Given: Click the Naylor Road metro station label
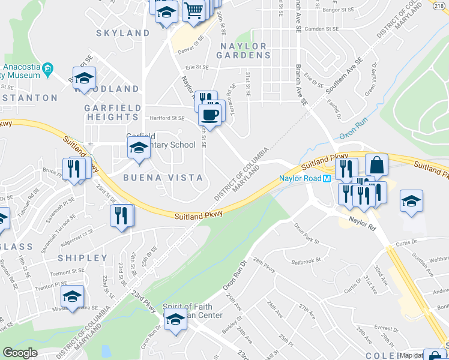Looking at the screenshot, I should [300, 178].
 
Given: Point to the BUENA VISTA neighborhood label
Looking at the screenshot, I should [163, 178].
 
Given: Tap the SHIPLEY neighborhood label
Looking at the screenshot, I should [83, 258].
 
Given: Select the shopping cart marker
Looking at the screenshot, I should [193, 11].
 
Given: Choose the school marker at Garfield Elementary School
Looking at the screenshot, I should [139, 148].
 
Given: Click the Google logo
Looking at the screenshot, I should [20, 353].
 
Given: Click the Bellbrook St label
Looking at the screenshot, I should [306, 262].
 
